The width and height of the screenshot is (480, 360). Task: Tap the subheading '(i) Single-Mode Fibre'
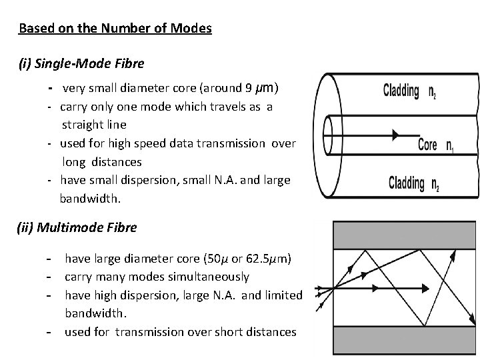(x=81, y=65)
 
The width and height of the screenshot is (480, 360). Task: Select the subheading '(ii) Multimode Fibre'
(x=77, y=227)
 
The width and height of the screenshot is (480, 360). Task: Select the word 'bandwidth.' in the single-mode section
(x=87, y=199)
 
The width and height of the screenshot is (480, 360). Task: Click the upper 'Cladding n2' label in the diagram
(x=410, y=92)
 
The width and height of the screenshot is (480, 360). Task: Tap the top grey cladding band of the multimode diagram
(x=398, y=235)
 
